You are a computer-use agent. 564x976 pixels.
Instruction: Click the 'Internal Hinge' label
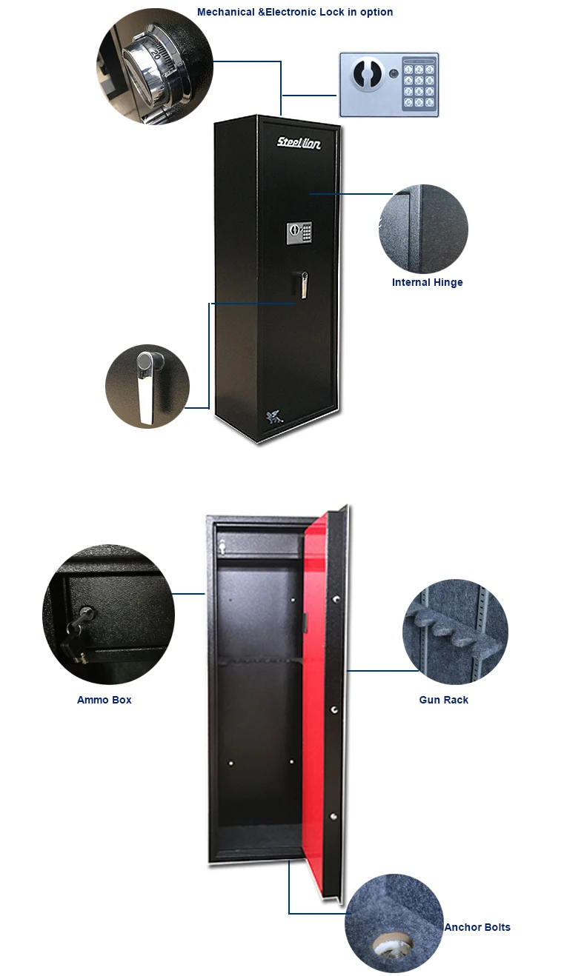click(x=427, y=282)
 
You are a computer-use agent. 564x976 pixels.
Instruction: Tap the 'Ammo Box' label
click(x=104, y=700)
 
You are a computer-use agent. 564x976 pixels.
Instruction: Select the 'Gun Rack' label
click(x=443, y=700)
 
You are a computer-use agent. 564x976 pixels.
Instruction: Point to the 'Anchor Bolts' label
click(x=477, y=927)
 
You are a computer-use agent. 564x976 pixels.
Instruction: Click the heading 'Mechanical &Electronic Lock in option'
click(x=295, y=12)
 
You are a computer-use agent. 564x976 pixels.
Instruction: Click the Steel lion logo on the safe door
click(x=299, y=143)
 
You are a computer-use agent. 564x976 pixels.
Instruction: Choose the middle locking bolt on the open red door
click(x=335, y=709)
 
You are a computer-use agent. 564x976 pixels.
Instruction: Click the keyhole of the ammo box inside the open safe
click(x=223, y=547)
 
